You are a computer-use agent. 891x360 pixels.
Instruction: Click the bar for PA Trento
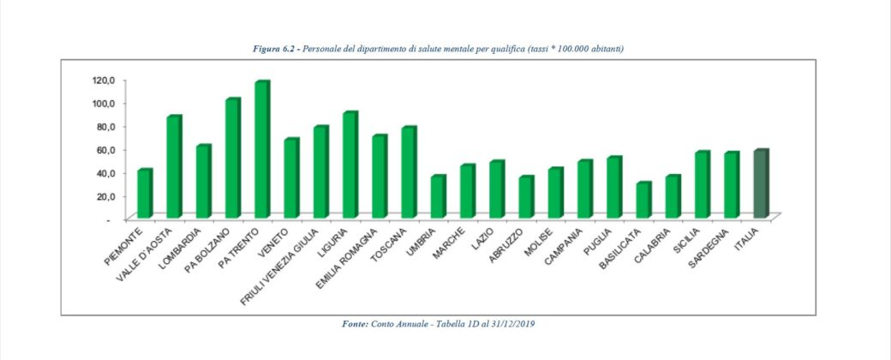click(x=261, y=150)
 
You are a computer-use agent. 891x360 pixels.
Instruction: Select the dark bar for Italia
click(x=760, y=184)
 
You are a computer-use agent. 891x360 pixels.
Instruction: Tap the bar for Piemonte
click(x=144, y=194)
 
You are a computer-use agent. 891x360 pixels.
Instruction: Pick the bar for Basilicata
click(x=643, y=200)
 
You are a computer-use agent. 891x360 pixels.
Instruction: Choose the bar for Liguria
click(x=350, y=165)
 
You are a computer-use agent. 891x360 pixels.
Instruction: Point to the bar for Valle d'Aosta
click(x=173, y=167)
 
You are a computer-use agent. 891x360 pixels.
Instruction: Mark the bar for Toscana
click(x=408, y=172)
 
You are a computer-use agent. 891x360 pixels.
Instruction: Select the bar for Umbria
click(x=438, y=197)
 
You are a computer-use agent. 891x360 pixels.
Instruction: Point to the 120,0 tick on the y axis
click(x=104, y=80)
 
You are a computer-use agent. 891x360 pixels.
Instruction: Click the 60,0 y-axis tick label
click(x=105, y=149)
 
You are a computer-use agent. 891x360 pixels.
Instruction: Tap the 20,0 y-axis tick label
click(x=105, y=195)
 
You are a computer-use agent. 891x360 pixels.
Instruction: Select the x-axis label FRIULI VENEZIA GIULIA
click(x=291, y=257)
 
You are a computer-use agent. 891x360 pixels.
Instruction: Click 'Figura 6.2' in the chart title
click(x=274, y=49)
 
